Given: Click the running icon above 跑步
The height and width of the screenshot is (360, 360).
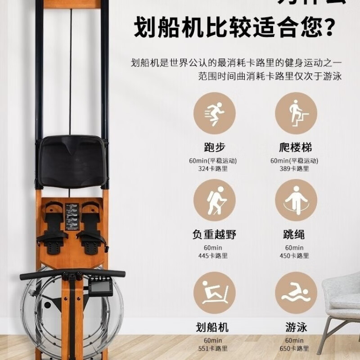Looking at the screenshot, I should click(x=214, y=113).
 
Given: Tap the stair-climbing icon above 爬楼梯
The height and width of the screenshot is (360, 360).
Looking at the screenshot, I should click(x=296, y=113).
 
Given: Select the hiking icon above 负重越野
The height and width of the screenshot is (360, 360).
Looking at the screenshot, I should click(x=214, y=200).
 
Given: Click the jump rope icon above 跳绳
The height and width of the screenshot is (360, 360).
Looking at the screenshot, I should click(x=296, y=200).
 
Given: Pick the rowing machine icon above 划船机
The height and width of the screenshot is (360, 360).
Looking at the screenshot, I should click(x=214, y=292).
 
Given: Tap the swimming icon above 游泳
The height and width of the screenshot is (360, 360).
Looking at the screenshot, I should click(x=296, y=292).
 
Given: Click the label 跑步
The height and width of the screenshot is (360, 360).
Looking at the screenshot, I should click(x=214, y=148).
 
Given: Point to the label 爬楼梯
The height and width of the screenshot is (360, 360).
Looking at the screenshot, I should click(x=296, y=148).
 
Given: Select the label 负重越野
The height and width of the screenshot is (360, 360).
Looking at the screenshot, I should click(x=214, y=234).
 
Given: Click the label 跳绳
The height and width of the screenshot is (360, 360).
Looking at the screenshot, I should click(x=296, y=234).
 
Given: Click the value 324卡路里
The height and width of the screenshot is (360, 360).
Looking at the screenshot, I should click(x=214, y=169).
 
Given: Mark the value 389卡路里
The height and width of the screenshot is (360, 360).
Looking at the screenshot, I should click(x=296, y=169).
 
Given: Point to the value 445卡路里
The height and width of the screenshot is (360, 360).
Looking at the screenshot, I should click(x=214, y=256).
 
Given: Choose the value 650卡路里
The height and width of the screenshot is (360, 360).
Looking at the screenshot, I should click(x=296, y=348).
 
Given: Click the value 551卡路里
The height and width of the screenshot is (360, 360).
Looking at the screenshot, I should click(x=214, y=348).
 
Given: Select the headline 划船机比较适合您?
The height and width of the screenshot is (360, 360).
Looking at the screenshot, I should click(x=234, y=28).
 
